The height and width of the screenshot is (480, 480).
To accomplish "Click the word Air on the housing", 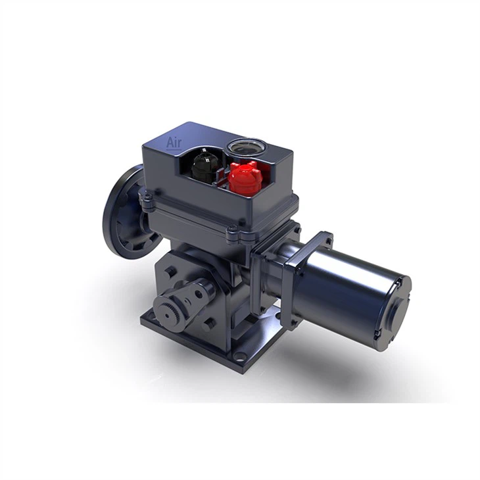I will click(x=174, y=143).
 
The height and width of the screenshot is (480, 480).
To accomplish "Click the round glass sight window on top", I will click(x=243, y=147).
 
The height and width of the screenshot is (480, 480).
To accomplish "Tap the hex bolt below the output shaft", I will click(x=209, y=325).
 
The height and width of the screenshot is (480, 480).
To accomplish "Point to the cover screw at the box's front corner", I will click(x=233, y=231).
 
